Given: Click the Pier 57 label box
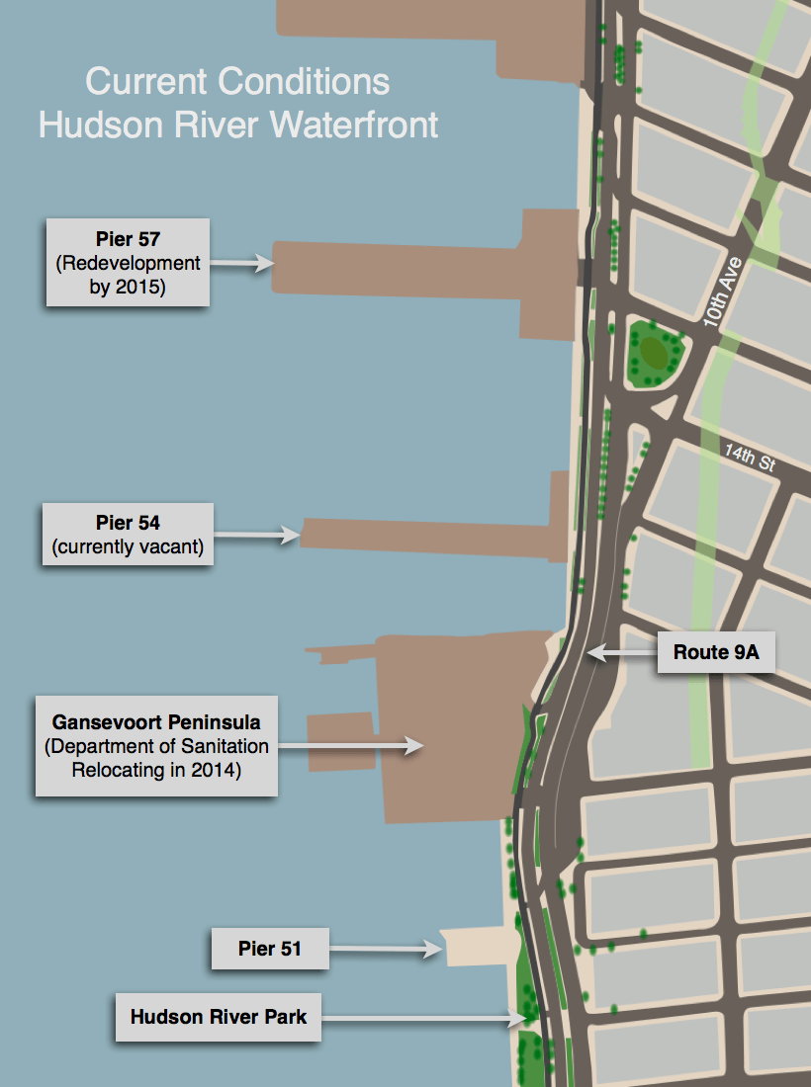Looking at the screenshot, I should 128,263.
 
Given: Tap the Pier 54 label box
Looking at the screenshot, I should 128,535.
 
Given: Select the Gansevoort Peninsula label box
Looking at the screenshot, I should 156,746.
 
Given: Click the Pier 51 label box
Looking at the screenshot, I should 269,950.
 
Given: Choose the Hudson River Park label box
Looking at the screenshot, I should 219,1017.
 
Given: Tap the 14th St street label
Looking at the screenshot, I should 750,458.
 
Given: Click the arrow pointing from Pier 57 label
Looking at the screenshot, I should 241,263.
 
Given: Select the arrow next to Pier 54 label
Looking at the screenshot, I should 257,536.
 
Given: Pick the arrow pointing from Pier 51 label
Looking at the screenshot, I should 385,950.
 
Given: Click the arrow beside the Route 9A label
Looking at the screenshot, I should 621,652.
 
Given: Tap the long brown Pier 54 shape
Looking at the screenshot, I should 425,534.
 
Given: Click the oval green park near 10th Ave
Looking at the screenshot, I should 653,351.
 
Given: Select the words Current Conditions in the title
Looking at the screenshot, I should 237,81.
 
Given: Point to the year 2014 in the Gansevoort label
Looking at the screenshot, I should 218,771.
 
